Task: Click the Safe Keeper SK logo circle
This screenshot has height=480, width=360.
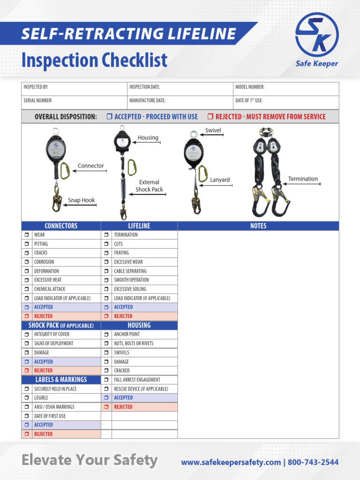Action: coord(317,34)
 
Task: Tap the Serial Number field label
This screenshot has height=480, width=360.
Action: coord(38,100)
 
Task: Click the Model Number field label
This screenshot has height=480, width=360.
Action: coord(250,87)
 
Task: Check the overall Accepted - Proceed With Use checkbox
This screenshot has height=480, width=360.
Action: coord(109,117)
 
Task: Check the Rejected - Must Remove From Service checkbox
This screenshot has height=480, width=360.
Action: coord(210,117)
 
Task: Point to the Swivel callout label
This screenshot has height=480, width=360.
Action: coord(213,130)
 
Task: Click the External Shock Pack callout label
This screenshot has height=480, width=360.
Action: coord(149,186)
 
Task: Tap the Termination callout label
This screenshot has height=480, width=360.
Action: coord(303,179)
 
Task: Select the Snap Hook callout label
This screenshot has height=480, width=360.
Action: coord(81,200)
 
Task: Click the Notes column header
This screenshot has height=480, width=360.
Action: coord(258,226)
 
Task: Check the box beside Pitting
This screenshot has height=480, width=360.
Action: coord(27,244)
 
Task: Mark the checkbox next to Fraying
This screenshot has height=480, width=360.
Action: coord(106,253)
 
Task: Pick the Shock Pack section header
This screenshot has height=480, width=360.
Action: coord(61,325)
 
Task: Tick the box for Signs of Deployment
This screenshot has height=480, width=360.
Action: coord(27,344)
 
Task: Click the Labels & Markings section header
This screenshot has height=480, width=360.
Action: coord(61,380)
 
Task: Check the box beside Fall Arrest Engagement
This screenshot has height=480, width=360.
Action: coord(106,380)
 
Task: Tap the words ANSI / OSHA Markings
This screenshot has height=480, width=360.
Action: coord(54,407)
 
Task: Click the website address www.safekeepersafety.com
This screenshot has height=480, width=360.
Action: coord(231,462)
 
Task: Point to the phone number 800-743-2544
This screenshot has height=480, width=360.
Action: coord(313,462)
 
